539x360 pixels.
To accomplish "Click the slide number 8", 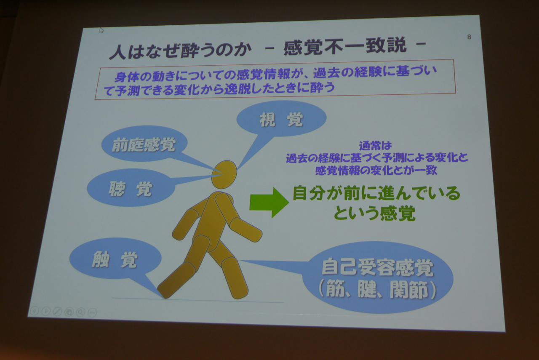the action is (469, 37).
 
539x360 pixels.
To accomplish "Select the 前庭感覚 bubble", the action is (144, 144).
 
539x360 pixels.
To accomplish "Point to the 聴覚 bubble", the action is (131, 187).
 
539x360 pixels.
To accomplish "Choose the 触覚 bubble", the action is (115, 259).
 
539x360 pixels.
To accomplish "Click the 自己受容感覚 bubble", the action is (378, 277).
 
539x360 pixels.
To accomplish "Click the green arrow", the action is (269, 202).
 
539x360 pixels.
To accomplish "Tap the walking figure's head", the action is (224, 174).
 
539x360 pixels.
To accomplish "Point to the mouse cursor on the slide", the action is (101, 30).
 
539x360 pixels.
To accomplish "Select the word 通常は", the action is (375, 145).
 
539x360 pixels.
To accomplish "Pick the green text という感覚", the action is (374, 213).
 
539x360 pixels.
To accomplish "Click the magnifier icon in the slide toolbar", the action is (80, 312).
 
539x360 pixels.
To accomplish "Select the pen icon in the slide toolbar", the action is (57, 312).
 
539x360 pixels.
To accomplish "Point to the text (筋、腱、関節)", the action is (377, 290).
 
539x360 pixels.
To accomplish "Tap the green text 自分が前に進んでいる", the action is (376, 193).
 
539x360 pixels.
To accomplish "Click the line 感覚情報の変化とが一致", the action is (376, 170).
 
